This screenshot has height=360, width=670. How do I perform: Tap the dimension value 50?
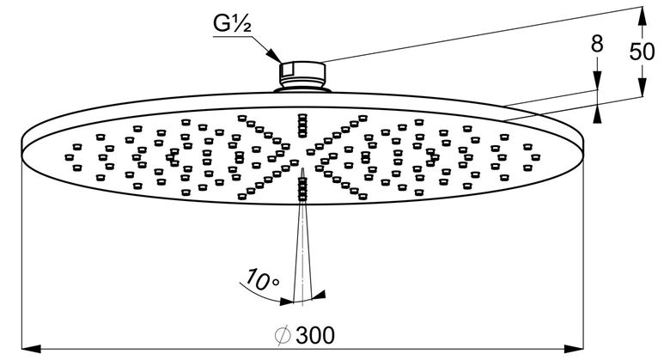(x=642, y=52)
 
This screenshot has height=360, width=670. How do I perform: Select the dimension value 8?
(x=597, y=44)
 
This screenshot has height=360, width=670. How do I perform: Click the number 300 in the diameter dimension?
(x=315, y=335)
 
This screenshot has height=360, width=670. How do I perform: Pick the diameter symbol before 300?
(x=283, y=335)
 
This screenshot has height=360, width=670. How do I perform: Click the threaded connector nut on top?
(x=302, y=73)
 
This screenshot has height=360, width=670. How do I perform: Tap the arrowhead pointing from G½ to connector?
(x=273, y=56)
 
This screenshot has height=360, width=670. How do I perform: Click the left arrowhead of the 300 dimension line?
(x=31, y=349)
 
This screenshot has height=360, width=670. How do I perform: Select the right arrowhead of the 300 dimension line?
(x=574, y=349)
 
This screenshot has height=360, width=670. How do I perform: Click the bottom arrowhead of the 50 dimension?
(x=643, y=88)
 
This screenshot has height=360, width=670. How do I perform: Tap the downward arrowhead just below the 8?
(x=597, y=81)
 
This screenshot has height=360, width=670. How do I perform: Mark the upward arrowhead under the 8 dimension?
(x=597, y=113)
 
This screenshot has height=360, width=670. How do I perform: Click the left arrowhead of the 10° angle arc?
(x=286, y=302)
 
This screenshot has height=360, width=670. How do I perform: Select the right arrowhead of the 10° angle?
(x=319, y=295)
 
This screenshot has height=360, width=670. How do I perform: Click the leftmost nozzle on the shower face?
(x=69, y=157)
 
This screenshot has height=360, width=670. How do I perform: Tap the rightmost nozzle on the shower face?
(x=535, y=157)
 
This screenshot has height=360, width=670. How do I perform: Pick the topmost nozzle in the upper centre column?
(x=302, y=116)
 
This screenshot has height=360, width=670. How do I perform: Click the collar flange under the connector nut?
(x=302, y=89)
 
